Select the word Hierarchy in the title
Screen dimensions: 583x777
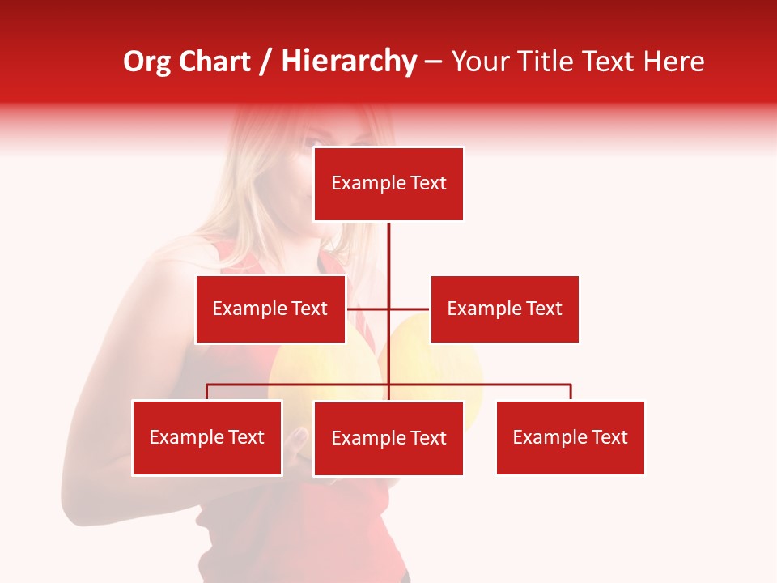(x=348, y=62)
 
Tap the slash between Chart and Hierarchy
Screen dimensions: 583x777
(x=265, y=62)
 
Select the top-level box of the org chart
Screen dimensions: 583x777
(x=388, y=184)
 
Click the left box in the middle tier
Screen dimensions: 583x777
(x=270, y=309)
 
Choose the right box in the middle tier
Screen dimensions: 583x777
(x=504, y=309)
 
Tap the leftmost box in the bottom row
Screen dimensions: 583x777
(x=207, y=438)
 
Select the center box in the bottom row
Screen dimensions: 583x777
(x=388, y=438)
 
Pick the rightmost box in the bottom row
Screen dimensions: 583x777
(x=571, y=438)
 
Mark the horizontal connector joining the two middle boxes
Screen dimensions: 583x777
(x=409, y=309)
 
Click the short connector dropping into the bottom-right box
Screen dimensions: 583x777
(x=571, y=393)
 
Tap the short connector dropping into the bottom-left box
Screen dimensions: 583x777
(x=207, y=393)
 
